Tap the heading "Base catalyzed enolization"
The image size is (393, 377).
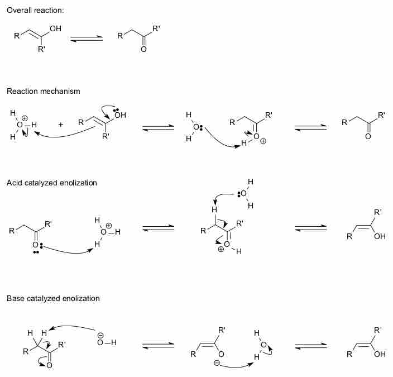pos(53,298)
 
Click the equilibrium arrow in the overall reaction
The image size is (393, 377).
pos(87,39)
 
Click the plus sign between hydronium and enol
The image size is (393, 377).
pos(60,124)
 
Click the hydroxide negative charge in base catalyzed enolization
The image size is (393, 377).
pos(100,335)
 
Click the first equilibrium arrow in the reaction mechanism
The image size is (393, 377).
pos(158,128)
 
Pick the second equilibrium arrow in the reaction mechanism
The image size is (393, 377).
pos(310,128)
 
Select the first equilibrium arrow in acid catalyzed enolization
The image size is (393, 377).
pos(159,228)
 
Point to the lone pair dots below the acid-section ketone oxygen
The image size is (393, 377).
pos(36,252)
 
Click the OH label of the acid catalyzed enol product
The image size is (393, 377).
pos(380,236)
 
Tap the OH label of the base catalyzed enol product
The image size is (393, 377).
pos(380,353)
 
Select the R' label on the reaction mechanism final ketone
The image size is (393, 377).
pos(381,116)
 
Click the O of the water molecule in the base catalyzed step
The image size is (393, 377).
pos(263,344)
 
